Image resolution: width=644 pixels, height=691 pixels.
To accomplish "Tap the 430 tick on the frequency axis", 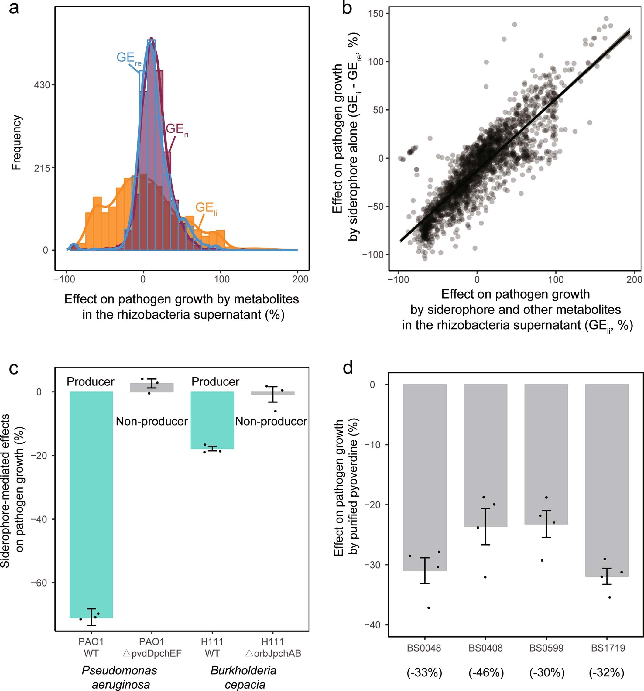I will pyautogui.click(x=42, y=85).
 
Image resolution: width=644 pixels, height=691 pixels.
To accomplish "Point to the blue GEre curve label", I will pyautogui.click(x=128, y=58).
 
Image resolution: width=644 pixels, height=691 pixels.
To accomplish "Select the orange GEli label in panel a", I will pyautogui.click(x=206, y=208).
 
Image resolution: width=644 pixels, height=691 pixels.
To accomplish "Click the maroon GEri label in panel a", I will pyautogui.click(x=176, y=130).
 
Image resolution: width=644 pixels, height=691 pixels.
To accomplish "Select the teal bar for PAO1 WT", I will pyautogui.click(x=91, y=504).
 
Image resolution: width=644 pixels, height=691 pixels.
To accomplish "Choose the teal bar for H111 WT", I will pyautogui.click(x=212, y=420).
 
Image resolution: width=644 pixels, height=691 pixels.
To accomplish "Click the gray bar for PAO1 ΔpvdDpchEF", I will pyautogui.click(x=152, y=388).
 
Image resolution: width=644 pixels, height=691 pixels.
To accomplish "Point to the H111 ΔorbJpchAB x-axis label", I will pyautogui.click(x=273, y=647).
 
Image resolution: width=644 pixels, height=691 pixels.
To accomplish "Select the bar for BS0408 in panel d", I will pyautogui.click(x=485, y=455).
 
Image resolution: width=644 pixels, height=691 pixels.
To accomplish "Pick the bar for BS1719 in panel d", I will pyautogui.click(x=607, y=480).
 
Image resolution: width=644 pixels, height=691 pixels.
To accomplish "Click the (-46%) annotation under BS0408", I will pyautogui.click(x=486, y=672).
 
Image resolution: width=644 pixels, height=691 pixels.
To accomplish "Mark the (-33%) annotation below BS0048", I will pyautogui.click(x=424, y=672).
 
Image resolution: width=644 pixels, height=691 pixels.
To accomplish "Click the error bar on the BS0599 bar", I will pyautogui.click(x=546, y=524).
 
